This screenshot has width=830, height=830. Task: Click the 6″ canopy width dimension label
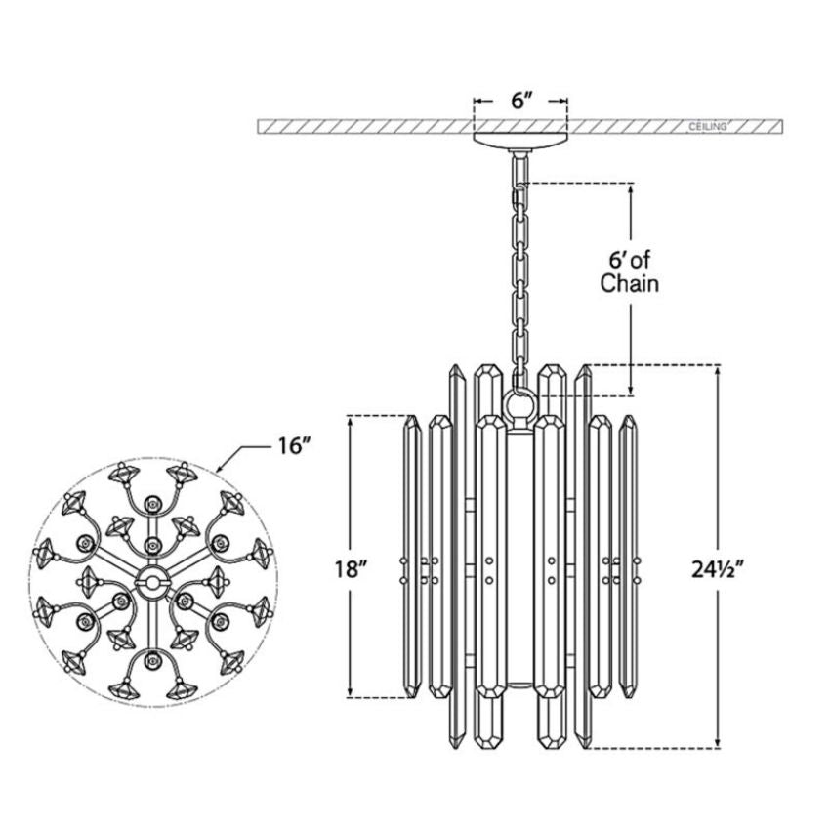(520, 101)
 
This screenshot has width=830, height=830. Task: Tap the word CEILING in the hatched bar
(708, 127)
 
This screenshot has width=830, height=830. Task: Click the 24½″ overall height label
(719, 569)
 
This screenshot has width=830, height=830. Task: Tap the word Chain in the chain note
(630, 284)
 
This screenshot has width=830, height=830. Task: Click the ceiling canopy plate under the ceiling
(520, 141)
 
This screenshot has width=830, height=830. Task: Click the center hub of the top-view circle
(153, 582)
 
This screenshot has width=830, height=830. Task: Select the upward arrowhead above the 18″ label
(350, 423)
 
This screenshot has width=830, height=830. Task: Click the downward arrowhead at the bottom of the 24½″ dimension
(719, 741)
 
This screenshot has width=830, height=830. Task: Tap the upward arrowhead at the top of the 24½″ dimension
(719, 373)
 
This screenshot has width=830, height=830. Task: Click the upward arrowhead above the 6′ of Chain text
(631, 190)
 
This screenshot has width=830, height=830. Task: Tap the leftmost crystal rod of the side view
(411, 556)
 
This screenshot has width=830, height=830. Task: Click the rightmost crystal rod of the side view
(628, 556)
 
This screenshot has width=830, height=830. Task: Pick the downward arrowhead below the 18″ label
(350, 690)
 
